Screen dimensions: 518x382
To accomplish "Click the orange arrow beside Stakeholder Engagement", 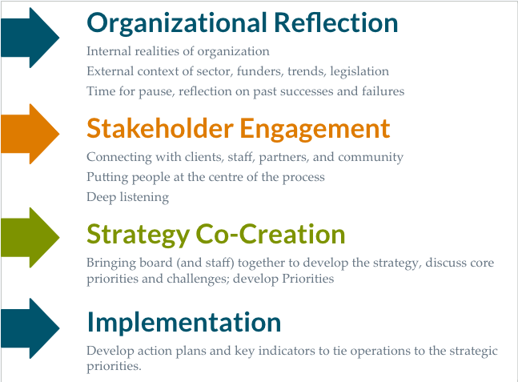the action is [30, 134].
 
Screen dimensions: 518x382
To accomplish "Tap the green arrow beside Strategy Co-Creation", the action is [30, 237].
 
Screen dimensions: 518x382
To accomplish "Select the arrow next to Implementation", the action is [30, 328].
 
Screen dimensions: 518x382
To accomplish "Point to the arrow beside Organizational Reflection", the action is [30, 38].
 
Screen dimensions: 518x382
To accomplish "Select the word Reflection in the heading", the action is [336, 22].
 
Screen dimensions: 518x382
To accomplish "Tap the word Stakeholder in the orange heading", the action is [160, 128].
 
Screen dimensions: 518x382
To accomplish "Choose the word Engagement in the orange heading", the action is [315, 130].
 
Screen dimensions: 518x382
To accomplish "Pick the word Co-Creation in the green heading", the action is [271, 234].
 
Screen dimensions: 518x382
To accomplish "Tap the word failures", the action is [383, 90].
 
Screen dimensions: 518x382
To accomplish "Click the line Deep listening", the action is [128, 197].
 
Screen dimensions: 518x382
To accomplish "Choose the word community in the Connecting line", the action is [371, 158].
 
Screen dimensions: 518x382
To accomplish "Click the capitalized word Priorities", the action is [308, 279].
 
